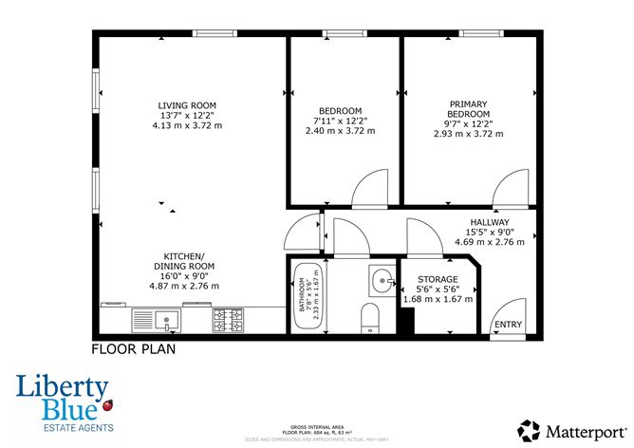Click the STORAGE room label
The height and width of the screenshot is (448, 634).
pyautogui.click(x=438, y=279)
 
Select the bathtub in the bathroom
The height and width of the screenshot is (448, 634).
pyautogui.click(x=305, y=295)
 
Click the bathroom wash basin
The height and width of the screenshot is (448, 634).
pyautogui.click(x=381, y=281)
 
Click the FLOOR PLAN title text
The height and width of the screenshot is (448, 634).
pyautogui.click(x=133, y=349)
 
